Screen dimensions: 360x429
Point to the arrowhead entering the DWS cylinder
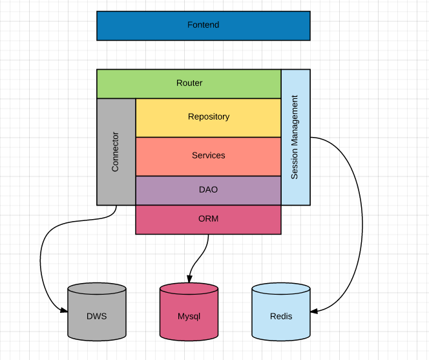[65, 311]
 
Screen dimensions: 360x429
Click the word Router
[189, 83]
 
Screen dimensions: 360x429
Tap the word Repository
[209, 117]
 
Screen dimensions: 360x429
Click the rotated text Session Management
[295, 137]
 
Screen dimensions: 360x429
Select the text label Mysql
[189, 317]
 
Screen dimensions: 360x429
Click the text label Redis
[281, 317]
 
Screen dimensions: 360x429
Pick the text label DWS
[96, 317]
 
